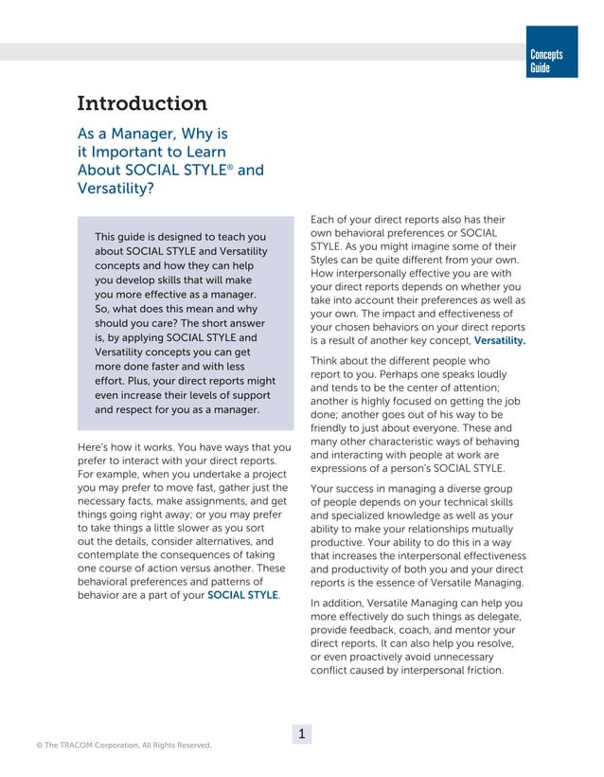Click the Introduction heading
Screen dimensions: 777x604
click(141, 103)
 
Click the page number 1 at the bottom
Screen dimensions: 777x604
click(301, 733)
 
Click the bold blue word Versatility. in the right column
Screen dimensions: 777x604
click(500, 339)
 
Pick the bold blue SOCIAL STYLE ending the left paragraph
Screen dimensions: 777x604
click(242, 595)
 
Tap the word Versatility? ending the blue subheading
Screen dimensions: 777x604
click(115, 188)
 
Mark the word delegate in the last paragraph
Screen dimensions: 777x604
click(496, 617)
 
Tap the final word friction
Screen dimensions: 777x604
click(478, 672)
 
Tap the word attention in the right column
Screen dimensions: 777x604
click(489, 387)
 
